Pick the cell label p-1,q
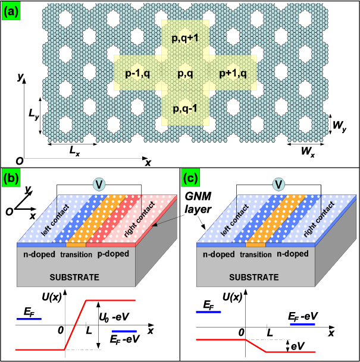pyautogui.click(x=138, y=73)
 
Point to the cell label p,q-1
pyautogui.click(x=186, y=109)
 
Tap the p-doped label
pyautogui.click(x=107, y=254)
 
